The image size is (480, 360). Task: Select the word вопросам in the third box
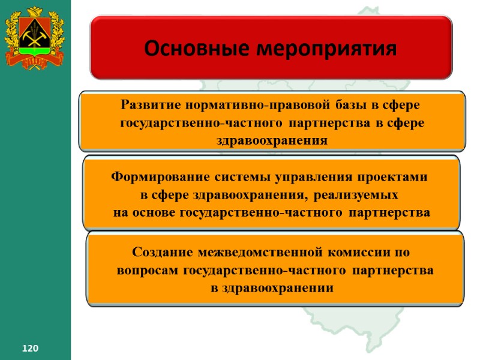click(x=148, y=270)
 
